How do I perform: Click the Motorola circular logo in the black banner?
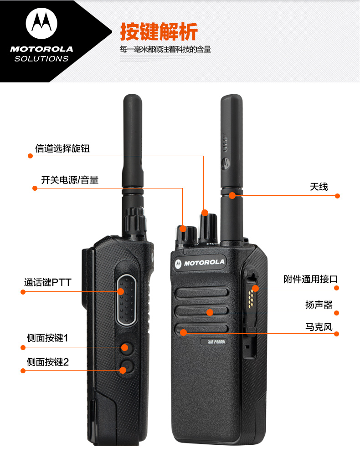click(41, 23)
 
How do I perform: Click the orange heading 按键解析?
click(159, 31)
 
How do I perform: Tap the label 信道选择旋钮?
click(62, 148)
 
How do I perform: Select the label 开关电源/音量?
click(70, 180)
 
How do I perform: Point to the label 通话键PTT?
click(47, 282)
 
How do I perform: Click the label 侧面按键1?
click(47, 338)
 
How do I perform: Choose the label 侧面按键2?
click(47, 362)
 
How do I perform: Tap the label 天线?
click(319, 187)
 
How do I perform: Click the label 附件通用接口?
click(311, 279)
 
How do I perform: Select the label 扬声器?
click(319, 305)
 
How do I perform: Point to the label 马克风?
click(319, 327)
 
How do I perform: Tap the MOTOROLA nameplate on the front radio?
click(200, 263)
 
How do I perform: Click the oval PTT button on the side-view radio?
click(127, 300)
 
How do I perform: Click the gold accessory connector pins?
click(251, 297)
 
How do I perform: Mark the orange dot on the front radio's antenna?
click(232, 195)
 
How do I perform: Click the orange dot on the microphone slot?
click(183, 333)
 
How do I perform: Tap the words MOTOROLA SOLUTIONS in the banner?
click(41, 54)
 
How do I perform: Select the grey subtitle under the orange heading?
click(165, 49)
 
